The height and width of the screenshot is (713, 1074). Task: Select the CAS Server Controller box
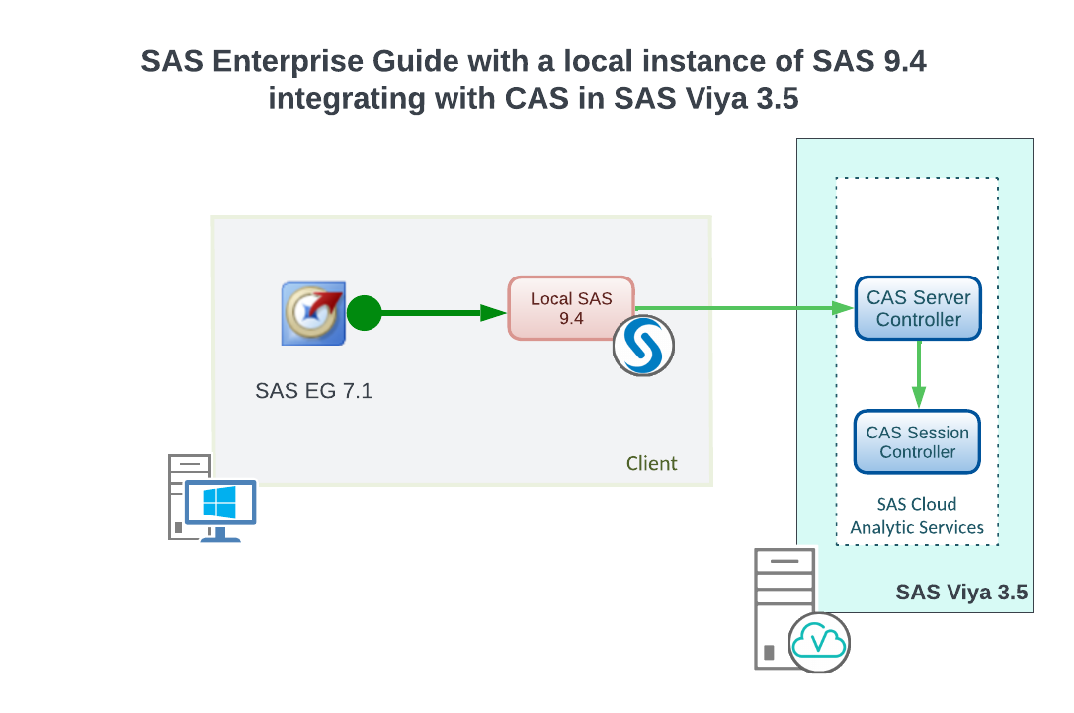coord(918,308)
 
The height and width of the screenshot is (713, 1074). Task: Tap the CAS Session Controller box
coord(918,441)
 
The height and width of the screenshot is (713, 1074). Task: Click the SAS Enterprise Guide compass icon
coord(312,314)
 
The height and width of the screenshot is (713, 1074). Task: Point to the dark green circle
coord(364,314)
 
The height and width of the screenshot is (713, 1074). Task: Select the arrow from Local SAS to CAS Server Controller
coord(751,308)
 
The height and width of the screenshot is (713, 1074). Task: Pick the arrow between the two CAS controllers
coord(919,374)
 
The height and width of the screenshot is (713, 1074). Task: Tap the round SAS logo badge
coord(643,346)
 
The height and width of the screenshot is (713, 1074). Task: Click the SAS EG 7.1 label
coord(313,391)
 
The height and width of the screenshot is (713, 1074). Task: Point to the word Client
coord(652,463)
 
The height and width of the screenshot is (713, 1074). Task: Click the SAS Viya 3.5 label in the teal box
coord(961,593)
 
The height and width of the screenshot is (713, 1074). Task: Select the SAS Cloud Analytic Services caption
coord(917,515)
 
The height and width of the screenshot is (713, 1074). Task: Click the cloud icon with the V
coord(820,642)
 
